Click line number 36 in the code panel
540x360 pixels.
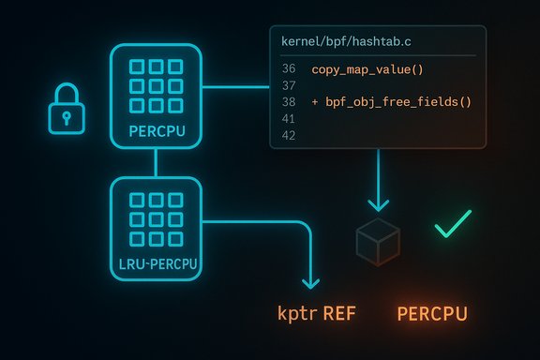[289, 69]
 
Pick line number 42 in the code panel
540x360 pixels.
[289, 135]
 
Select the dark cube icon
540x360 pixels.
[378, 242]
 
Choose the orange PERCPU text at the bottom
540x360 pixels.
[432, 314]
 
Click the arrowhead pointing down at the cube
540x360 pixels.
[378, 202]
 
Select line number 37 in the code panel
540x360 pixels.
[289, 85]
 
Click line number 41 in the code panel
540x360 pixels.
[289, 119]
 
